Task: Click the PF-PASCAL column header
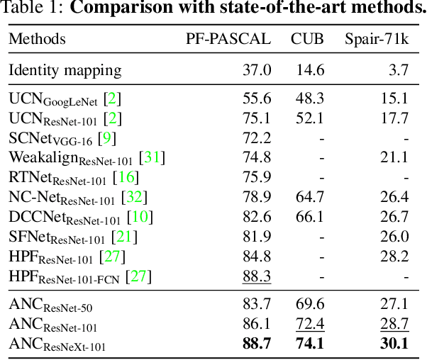coord(228,38)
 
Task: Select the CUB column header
coord(307,38)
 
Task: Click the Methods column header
coord(37,38)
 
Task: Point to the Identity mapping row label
coord(65,70)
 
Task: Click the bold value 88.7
coord(256,344)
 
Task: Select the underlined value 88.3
coord(256,276)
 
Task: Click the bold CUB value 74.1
coord(310,344)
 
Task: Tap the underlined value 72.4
coord(310,325)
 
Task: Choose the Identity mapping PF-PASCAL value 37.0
coord(257,70)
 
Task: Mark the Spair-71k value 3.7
coord(399,70)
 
